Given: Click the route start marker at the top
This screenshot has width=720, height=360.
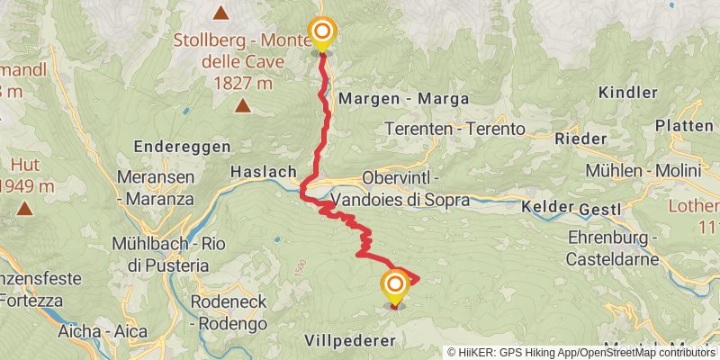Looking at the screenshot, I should [x=320, y=34].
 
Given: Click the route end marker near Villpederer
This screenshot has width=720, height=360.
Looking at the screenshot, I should [x=394, y=287].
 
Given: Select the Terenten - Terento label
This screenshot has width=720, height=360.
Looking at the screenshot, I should [x=454, y=129].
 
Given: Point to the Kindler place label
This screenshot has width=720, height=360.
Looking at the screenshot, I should [x=627, y=94].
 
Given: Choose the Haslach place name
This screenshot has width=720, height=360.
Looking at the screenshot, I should [x=264, y=171].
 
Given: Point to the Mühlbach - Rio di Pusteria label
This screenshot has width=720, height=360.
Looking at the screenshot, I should [x=160, y=254].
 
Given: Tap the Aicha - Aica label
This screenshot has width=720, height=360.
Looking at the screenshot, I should [x=103, y=331].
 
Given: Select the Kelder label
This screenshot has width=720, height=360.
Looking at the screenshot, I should [x=547, y=207].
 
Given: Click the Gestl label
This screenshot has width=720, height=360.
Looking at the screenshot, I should [x=600, y=210].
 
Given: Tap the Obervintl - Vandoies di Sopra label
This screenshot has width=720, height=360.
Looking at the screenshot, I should [x=400, y=189].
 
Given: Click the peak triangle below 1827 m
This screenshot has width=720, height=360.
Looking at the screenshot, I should [x=242, y=106].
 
